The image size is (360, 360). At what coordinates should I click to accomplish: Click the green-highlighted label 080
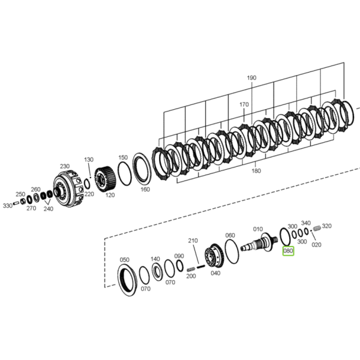pyautogui.click(x=288, y=251)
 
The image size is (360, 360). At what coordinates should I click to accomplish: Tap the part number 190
pyautogui.click(x=251, y=78)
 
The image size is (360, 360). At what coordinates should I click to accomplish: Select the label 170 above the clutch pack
pyautogui.click(x=244, y=104)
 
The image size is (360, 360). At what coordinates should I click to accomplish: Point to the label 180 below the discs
pyautogui.click(x=256, y=171)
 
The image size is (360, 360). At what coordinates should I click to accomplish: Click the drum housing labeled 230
pyautogui.click(x=68, y=188)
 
